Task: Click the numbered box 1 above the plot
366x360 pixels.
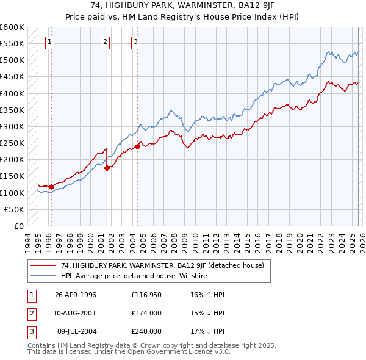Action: (x=49, y=42)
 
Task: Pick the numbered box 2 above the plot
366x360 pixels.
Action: (x=106, y=42)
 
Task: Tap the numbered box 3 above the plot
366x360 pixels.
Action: (x=135, y=42)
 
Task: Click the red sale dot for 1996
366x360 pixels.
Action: (x=51, y=187)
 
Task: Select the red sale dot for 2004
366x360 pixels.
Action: (x=138, y=146)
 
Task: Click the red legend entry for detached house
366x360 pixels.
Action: (x=162, y=265)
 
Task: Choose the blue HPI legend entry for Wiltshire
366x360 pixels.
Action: (x=134, y=276)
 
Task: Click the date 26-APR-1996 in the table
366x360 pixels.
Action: (x=76, y=295)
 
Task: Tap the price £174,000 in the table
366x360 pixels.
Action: (x=146, y=313)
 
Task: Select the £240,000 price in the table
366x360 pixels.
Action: (x=146, y=331)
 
